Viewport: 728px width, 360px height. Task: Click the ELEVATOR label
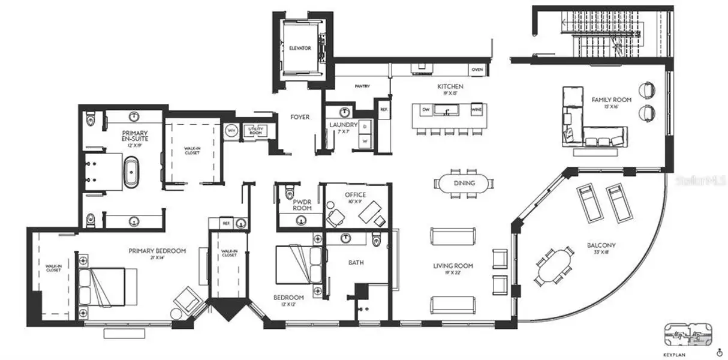300,48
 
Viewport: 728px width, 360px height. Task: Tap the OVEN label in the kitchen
477,70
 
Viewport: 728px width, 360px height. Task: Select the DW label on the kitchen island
426,110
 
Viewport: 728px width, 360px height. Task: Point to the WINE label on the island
476,110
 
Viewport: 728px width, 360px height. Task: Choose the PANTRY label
362,86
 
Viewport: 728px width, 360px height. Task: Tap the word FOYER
300,117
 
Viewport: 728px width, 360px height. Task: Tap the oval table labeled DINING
464,184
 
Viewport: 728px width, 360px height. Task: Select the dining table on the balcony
554,265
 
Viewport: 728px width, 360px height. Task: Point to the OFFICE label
355,195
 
